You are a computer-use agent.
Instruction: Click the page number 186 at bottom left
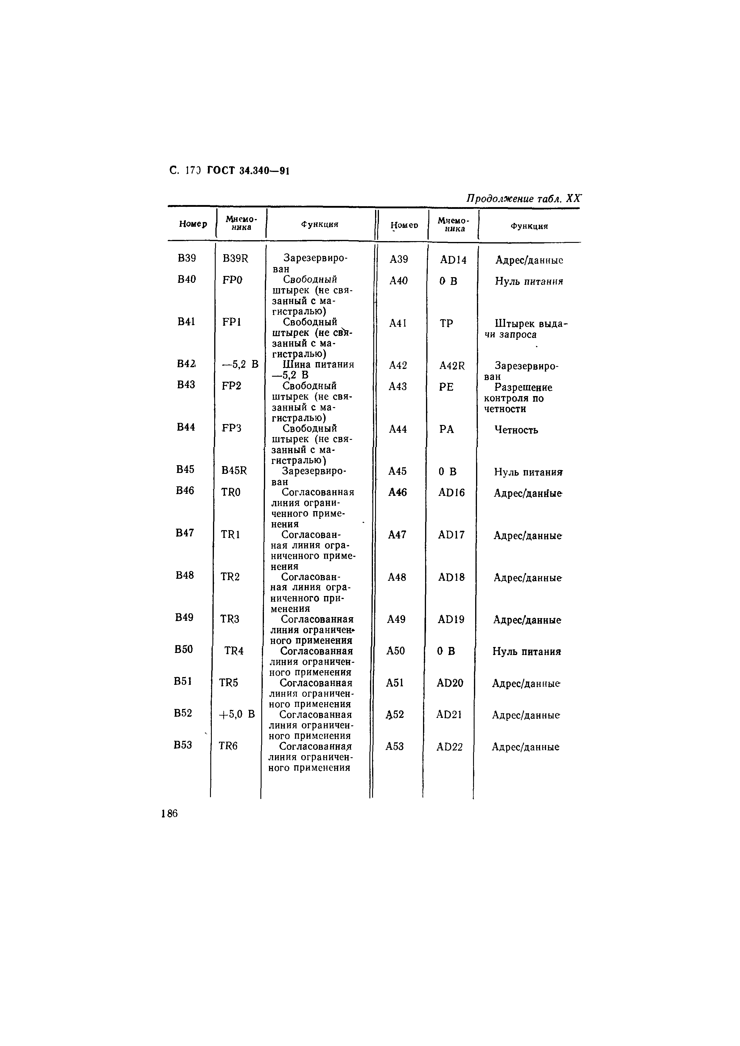(169, 814)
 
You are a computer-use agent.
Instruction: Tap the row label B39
(187, 258)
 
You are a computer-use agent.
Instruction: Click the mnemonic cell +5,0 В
(237, 714)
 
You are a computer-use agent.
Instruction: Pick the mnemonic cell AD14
(453, 260)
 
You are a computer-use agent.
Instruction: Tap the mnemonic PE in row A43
(447, 387)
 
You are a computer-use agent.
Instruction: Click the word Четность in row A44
(516, 430)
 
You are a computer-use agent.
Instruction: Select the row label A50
(396, 651)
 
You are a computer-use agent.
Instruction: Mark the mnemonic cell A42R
(452, 366)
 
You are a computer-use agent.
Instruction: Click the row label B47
(185, 533)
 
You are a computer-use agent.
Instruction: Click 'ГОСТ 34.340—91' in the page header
(248, 171)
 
